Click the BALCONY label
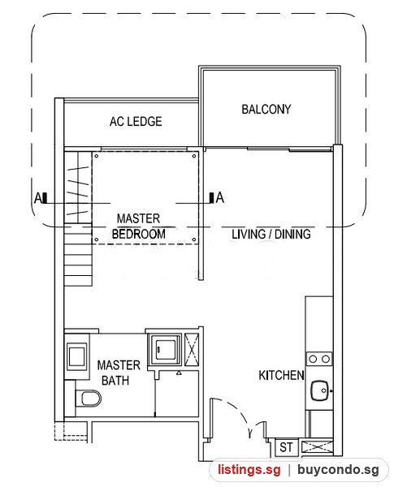click(266, 109)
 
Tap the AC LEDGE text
click(136, 121)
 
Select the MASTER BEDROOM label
click(138, 226)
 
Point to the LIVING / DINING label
click(271, 234)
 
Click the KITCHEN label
click(281, 375)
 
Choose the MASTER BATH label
click(119, 373)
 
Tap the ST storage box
click(287, 447)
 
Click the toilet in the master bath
click(89, 399)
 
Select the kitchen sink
click(320, 390)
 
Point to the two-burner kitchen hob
click(319, 359)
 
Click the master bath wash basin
click(76, 356)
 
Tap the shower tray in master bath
click(164, 349)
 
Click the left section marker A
click(41, 197)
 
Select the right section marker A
click(217, 197)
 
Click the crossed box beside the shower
click(192, 350)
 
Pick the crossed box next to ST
click(317, 447)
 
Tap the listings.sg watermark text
click(249, 469)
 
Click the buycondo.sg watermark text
click(338, 470)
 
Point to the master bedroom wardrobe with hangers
click(78, 187)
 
